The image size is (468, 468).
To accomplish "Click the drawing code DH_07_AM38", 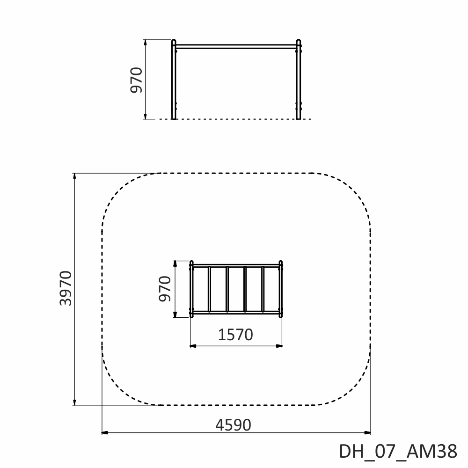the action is pos(398,451).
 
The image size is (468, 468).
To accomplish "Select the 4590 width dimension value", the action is pos(233,425).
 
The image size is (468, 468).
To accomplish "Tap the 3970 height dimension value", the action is pos(66,288).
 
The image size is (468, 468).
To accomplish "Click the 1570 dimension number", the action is pos(235,335).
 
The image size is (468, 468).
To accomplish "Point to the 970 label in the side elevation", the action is pos(136,80).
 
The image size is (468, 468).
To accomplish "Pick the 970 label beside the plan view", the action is pos(165,289).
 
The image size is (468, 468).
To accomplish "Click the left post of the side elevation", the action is pos(174,80).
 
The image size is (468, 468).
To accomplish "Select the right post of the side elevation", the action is pos(299,80).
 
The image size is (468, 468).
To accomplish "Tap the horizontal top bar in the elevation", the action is pos(236,46).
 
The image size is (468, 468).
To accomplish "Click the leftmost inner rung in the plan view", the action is pos(209,289).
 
